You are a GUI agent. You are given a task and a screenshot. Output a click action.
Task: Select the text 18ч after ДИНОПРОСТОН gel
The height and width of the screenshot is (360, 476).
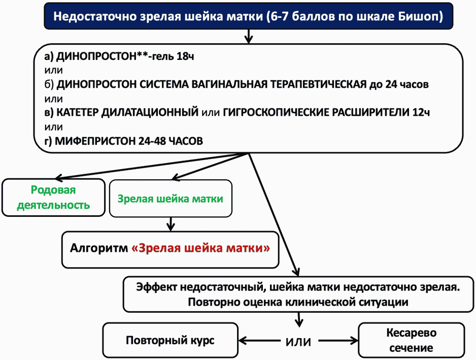point(185,56)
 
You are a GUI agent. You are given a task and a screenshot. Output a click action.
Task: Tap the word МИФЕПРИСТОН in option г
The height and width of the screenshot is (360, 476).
point(95,141)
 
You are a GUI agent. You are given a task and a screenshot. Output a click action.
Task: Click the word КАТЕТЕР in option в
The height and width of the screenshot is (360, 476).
point(78,112)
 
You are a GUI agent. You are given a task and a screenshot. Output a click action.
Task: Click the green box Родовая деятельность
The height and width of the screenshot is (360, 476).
point(53,198)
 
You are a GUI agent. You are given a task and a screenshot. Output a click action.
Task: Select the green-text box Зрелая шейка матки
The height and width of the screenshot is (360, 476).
point(171,199)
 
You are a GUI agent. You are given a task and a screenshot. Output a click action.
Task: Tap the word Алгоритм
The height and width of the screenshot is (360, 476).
point(99,248)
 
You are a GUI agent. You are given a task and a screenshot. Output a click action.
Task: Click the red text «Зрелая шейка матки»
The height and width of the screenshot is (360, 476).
point(200,248)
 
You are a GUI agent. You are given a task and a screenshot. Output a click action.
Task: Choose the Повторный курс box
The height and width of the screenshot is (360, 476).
point(171,340)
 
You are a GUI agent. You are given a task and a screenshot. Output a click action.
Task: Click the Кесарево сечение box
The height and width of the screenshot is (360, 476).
point(412,340)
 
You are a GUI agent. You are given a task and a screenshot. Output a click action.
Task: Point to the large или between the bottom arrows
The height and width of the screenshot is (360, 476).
point(298,342)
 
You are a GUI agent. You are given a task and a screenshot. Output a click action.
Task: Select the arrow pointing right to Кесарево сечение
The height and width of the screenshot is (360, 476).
point(338,341)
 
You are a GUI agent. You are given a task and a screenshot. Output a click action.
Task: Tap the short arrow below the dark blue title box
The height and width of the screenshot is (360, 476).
point(249,36)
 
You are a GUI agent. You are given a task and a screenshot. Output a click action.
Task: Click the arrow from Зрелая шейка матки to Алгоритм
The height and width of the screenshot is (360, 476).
point(171,224)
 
